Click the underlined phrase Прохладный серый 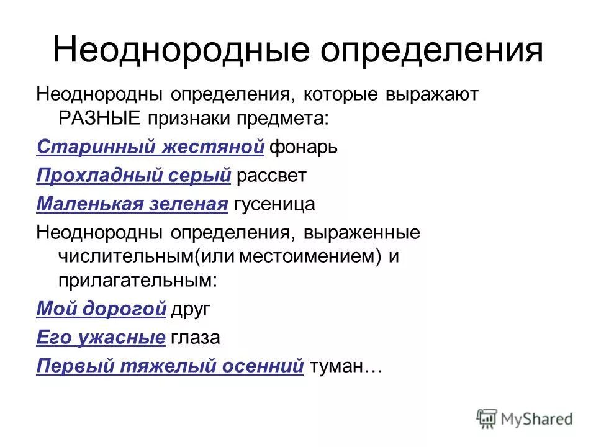pos(134,176)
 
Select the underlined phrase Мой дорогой pos(102,309)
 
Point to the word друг pos(192,309)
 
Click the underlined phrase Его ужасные pos(101,337)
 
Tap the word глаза pos(196,337)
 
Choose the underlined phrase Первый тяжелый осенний pos(170,366)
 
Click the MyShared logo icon pos(487,418)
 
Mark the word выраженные pos(362,233)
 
